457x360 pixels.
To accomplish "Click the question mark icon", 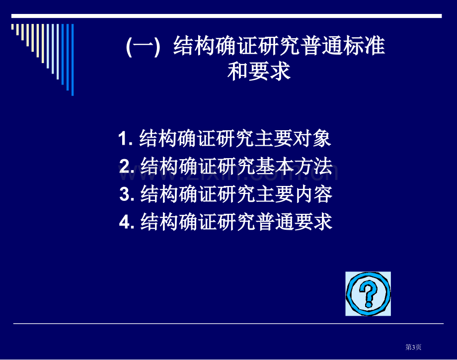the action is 368,294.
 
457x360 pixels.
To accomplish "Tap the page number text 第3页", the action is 413,347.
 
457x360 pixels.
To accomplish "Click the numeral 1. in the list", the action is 126,138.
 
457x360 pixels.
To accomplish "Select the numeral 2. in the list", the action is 127,166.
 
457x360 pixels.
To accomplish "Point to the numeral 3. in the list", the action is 127,194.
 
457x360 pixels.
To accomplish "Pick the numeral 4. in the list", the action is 127,222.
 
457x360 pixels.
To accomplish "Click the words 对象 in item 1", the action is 312,138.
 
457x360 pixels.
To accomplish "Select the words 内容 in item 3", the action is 313,194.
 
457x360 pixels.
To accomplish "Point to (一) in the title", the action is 143,46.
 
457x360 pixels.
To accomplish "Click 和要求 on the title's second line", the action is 259,71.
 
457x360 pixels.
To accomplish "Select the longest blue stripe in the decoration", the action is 73,60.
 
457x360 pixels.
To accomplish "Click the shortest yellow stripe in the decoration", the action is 12,27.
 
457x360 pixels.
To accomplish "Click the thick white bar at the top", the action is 227,16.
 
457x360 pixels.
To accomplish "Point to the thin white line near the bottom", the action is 228,324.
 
